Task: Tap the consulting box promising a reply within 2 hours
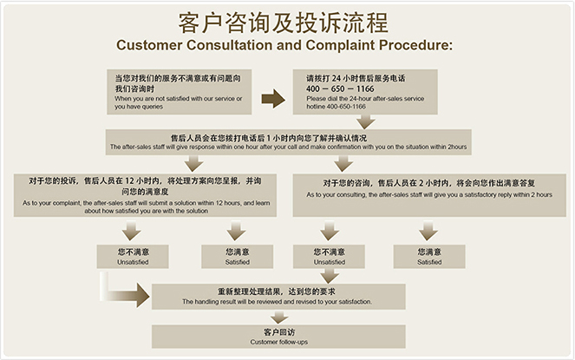(428, 189)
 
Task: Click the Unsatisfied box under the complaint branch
(131, 256)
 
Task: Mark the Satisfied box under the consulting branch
(428, 256)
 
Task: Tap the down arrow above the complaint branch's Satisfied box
(236, 231)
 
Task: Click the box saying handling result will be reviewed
(277, 296)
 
